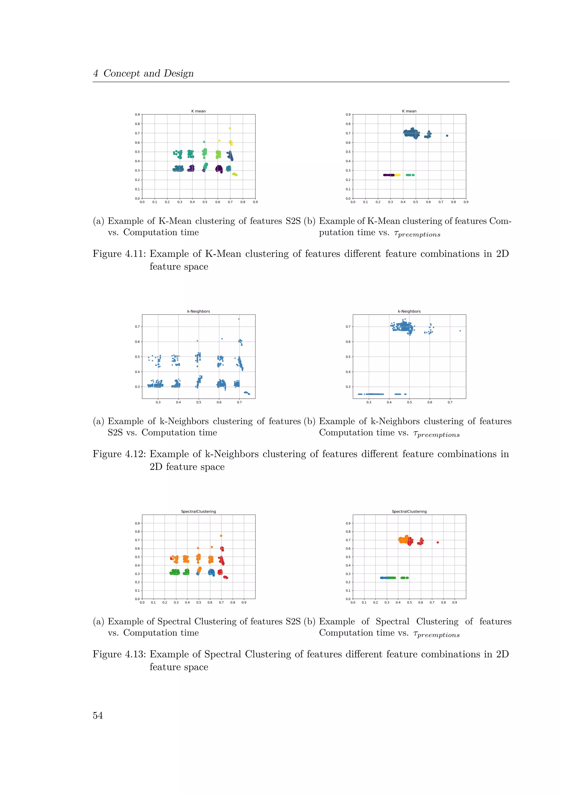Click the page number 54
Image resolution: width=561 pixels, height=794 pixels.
(98, 715)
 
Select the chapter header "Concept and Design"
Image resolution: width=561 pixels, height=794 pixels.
(148, 73)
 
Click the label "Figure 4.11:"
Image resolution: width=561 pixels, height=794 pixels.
(119, 254)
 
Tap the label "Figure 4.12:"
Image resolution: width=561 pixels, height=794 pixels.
(119, 454)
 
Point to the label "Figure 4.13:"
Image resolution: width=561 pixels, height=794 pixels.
(119, 654)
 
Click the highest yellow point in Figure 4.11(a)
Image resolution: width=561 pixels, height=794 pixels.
(230, 128)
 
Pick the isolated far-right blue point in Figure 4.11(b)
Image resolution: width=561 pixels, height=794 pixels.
(447, 135)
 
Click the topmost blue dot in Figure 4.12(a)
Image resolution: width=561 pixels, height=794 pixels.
(239, 319)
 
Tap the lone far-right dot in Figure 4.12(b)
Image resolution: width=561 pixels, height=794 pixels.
(460, 331)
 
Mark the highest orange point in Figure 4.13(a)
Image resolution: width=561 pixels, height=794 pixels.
(221, 536)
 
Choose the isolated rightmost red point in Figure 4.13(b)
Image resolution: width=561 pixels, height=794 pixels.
(438, 542)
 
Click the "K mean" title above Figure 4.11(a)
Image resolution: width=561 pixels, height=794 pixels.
(198, 111)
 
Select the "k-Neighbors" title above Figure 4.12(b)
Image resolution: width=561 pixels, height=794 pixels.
(409, 311)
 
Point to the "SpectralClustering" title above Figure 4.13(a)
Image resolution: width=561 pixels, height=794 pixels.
(198, 511)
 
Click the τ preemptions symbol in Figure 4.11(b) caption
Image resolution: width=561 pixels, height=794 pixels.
(417, 234)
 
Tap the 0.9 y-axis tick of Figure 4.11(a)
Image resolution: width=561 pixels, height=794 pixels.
(138, 114)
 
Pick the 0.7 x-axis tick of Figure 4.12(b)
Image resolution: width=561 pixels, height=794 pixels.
(450, 402)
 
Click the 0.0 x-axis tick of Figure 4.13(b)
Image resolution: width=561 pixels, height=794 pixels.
(353, 602)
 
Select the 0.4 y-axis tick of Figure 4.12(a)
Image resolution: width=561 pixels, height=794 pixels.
(138, 372)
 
